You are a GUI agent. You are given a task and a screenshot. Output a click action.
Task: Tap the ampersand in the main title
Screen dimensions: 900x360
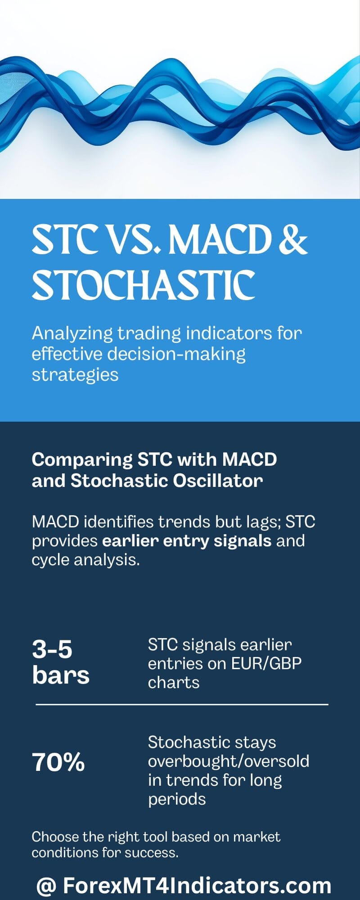[293, 239]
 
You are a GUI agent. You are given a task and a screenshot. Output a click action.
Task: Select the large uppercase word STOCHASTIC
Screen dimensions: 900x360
[144, 285]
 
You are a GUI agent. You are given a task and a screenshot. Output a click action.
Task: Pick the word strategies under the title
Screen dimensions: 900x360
[75, 374]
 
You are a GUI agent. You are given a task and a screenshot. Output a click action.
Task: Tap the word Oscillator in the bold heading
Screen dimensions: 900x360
[218, 481]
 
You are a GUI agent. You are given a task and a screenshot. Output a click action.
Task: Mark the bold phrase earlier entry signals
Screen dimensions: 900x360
[187, 540]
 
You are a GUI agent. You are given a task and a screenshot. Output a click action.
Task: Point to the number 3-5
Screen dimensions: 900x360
[52, 649]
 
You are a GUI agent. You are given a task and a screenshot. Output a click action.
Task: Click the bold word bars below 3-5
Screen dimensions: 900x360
[61, 675]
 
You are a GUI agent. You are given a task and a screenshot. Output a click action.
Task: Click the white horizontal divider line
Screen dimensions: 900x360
[182, 704]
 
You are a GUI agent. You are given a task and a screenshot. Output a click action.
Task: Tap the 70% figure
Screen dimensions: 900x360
[58, 762]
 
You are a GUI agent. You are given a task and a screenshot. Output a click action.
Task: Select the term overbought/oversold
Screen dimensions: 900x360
[229, 761]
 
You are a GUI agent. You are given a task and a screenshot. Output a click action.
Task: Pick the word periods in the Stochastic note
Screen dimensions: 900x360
[177, 799]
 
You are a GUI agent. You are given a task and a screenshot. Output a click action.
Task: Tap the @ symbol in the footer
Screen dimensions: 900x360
[46, 886]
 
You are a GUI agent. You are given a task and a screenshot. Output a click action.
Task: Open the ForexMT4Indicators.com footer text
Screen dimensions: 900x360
[197, 886]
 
